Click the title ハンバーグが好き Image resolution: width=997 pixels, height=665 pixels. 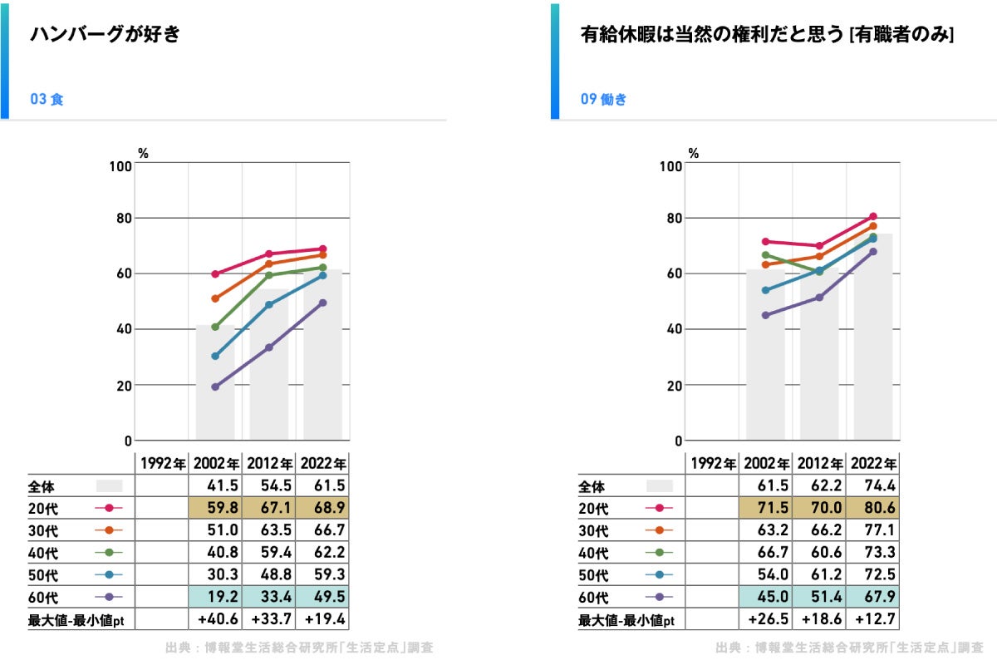click(x=105, y=34)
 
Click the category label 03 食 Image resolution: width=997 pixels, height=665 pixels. click(x=47, y=99)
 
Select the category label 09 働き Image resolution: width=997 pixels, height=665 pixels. click(x=603, y=99)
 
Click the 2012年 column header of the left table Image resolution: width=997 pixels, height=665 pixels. click(x=270, y=464)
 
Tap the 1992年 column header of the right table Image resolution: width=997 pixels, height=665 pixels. click(x=713, y=464)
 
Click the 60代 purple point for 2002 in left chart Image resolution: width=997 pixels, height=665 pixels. click(x=215, y=387)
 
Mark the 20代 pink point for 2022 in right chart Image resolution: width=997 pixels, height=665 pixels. click(x=873, y=216)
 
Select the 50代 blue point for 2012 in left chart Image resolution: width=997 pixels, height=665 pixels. click(x=269, y=305)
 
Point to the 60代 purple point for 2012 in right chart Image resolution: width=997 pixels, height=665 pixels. click(x=819, y=297)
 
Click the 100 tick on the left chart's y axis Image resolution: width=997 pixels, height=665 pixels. click(x=120, y=166)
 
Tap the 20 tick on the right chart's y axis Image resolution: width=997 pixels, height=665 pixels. click(x=675, y=386)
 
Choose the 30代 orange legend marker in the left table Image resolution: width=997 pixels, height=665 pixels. click(x=109, y=530)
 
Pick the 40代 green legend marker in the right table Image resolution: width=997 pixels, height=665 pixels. click(x=659, y=552)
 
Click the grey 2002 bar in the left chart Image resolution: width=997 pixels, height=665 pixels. click(x=215, y=382)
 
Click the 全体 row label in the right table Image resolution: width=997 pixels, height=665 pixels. click(x=591, y=486)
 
